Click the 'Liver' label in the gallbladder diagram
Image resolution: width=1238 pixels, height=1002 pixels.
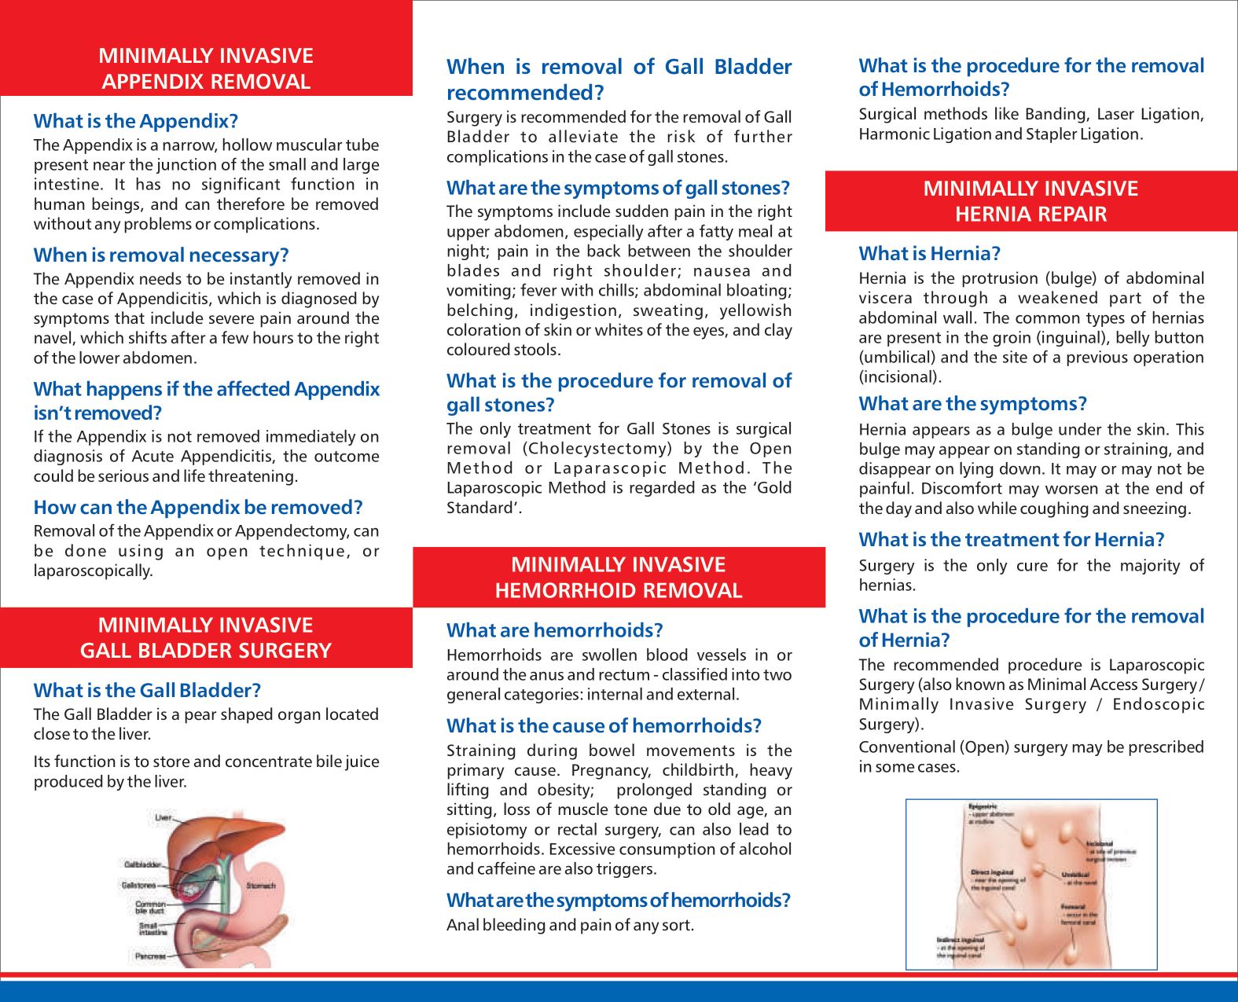click(163, 818)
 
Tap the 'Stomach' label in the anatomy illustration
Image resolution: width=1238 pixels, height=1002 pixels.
click(261, 886)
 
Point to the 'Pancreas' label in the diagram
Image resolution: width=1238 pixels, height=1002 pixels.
click(150, 956)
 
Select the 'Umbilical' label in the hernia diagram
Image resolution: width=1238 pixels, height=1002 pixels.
click(1075, 874)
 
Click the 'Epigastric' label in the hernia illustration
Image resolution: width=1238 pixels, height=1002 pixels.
click(983, 806)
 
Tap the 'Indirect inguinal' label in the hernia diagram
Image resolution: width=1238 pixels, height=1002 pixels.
click(960, 939)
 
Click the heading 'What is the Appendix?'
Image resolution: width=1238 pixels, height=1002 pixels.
click(135, 121)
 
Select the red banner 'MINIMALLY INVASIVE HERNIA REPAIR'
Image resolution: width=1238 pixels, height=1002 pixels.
click(1030, 201)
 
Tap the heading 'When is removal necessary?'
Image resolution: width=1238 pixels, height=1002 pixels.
click(161, 255)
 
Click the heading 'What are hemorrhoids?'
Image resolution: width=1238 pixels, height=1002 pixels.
click(554, 630)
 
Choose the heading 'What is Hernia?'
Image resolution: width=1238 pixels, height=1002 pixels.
click(929, 254)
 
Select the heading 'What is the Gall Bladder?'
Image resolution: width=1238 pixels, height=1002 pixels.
click(147, 691)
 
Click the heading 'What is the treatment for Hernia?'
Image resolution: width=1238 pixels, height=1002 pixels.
click(1011, 540)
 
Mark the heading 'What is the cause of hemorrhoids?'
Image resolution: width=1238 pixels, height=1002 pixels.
click(604, 726)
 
